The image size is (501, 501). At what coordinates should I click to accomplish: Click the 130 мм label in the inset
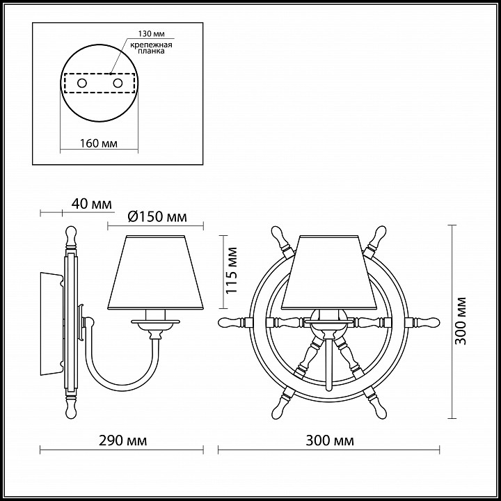[151, 34]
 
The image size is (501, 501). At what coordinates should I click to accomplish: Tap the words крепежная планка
[151, 47]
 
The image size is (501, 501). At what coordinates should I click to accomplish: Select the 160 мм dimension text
[98, 143]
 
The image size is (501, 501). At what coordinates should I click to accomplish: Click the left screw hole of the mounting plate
[82, 83]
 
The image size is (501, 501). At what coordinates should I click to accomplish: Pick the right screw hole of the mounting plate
[118, 83]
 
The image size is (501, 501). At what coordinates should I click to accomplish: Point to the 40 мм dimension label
[91, 203]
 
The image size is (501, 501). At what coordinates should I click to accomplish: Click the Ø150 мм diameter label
[157, 217]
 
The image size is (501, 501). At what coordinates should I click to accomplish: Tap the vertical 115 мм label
[232, 271]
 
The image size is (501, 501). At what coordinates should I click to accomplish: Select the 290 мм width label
[122, 440]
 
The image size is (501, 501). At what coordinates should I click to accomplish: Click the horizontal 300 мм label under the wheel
[330, 440]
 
